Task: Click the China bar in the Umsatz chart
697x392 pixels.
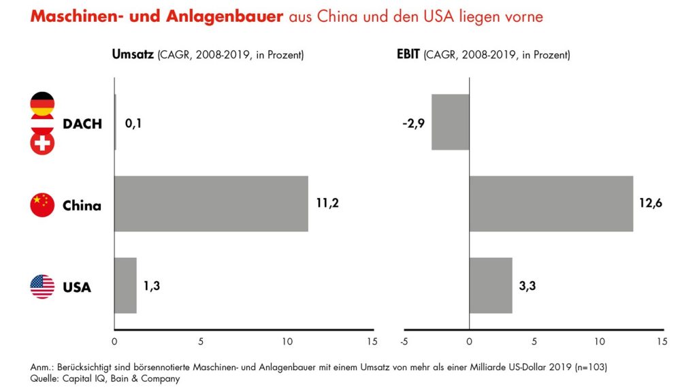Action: [x=211, y=203]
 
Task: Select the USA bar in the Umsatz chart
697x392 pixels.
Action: [x=125, y=285]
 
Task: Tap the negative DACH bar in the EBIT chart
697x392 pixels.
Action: [x=450, y=122]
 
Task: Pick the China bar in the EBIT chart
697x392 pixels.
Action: [x=551, y=203]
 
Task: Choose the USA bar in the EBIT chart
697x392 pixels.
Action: [x=490, y=285]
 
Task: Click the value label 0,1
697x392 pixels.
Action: [x=133, y=124]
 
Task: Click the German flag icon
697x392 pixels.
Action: [x=42, y=104]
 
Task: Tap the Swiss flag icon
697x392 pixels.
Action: [x=42, y=142]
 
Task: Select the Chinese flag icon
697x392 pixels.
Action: [x=42, y=205]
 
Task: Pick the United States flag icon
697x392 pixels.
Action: [x=42, y=287]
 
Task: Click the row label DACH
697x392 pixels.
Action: [x=82, y=124]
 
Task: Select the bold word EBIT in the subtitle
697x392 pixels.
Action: [x=408, y=54]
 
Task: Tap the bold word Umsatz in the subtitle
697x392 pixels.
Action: [x=133, y=54]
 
